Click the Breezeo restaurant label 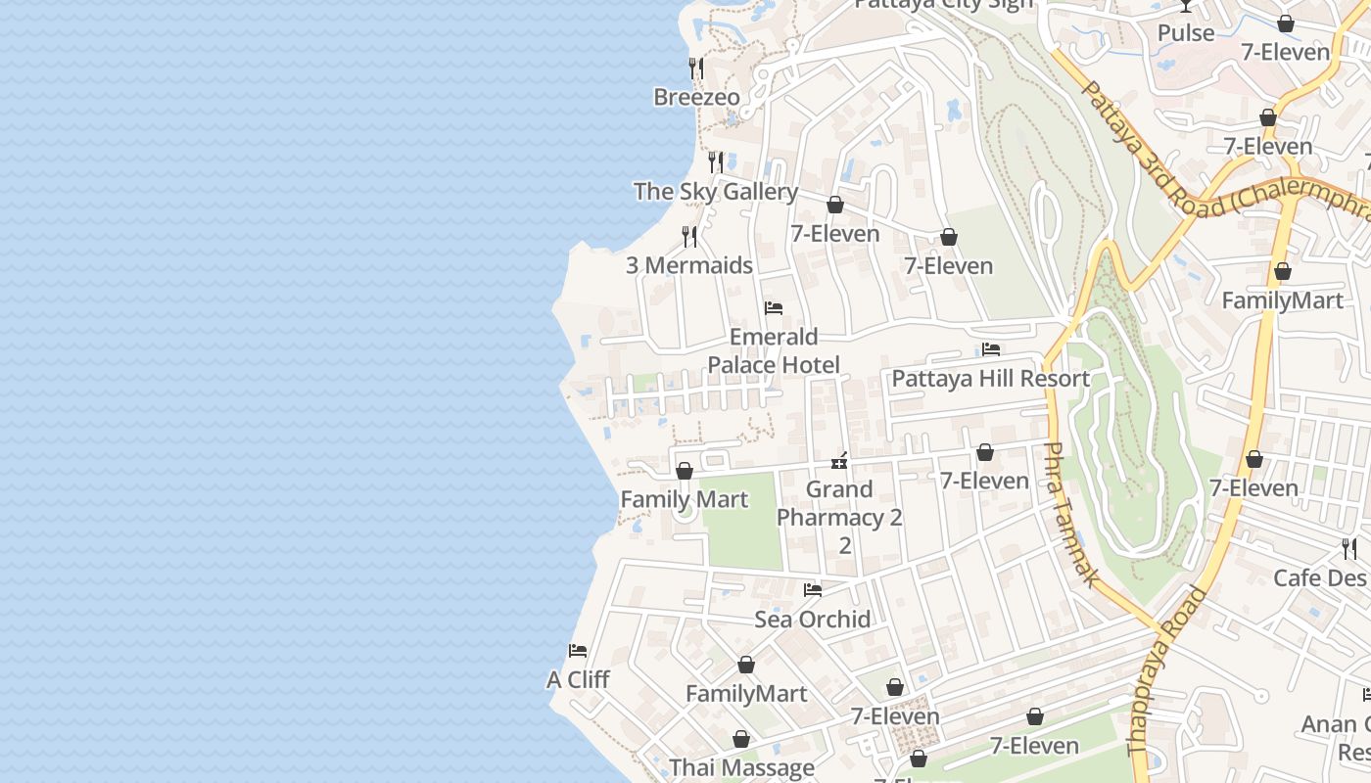tap(696, 98)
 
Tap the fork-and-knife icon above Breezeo tap(696, 68)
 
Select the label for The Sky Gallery tap(715, 192)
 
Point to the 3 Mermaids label tap(689, 265)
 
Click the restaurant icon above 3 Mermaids tap(689, 236)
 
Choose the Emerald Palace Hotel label tap(774, 351)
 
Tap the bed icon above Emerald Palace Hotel tap(774, 308)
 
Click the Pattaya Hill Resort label tap(990, 379)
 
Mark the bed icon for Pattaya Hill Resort tap(991, 349)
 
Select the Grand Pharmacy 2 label tap(839, 503)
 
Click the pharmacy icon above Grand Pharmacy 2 tap(839, 460)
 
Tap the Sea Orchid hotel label tap(812, 620)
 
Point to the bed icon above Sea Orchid tap(813, 590)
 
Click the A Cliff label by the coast tap(578, 679)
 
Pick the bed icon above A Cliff tap(578, 651)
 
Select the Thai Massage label tap(741, 768)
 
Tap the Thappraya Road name tap(1167, 670)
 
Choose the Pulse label tap(1185, 33)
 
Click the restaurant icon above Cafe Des tap(1349, 548)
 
